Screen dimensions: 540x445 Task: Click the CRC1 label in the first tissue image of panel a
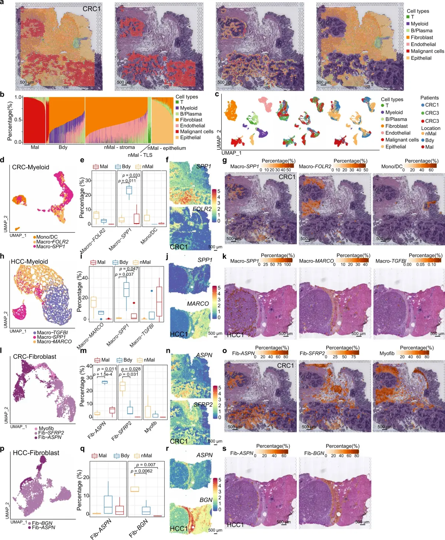coord(92,9)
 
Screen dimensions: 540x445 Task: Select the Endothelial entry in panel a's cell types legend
coord(423,44)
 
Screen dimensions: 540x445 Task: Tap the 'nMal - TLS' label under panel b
coord(140,155)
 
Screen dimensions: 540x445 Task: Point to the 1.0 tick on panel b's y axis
coord(19,97)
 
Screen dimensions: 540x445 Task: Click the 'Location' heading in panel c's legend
coord(431,128)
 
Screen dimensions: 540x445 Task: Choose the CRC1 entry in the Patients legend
coord(432,105)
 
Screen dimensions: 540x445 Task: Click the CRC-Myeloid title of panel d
coord(30,167)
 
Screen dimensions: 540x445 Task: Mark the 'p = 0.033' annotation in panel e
coord(131,175)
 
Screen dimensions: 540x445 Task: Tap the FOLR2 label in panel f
coord(202,209)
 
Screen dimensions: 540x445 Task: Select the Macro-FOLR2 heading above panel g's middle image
coord(315,166)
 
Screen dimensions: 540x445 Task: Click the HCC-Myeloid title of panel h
coord(29,262)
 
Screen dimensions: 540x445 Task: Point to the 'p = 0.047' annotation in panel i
coord(129,269)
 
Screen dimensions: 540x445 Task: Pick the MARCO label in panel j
coord(198,304)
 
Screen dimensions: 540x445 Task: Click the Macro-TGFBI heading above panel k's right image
coord(390,261)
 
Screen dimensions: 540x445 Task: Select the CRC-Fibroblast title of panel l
coord(34,357)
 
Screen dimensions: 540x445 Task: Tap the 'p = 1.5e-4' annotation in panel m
coord(103,374)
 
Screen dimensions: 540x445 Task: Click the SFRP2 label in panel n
coord(203,405)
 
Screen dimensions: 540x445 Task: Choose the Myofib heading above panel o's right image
coord(387,353)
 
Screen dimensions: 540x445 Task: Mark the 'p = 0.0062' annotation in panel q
coord(141,471)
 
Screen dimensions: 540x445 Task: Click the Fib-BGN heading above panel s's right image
coord(314,453)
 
